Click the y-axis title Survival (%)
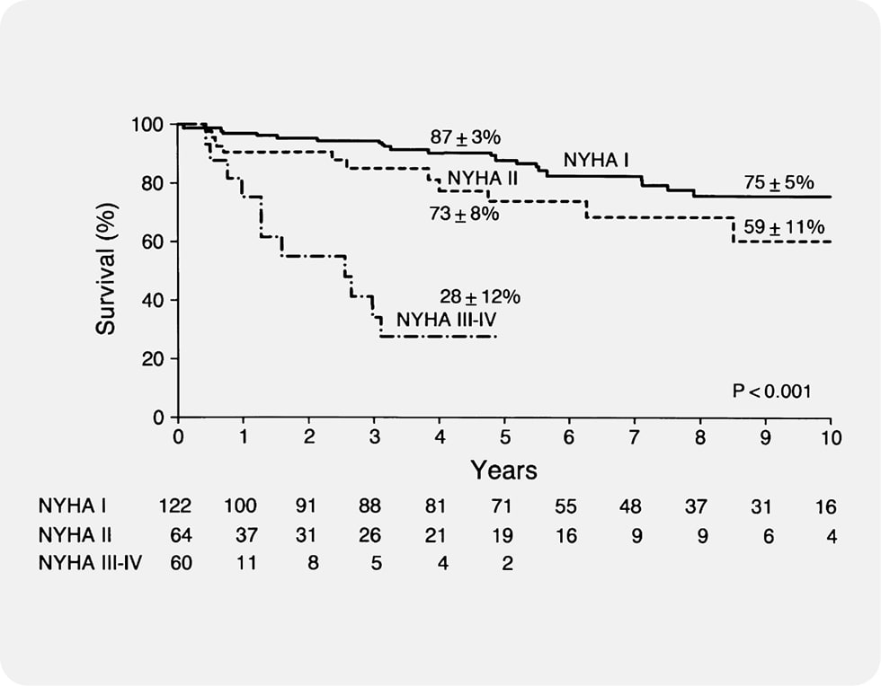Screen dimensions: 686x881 (106, 270)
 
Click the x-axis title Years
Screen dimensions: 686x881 (504, 470)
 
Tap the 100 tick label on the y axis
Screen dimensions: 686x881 (148, 125)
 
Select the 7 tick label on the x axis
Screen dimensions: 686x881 (635, 437)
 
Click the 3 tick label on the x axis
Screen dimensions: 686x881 (374, 437)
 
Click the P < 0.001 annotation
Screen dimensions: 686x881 (772, 391)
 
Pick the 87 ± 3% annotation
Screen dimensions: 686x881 (464, 137)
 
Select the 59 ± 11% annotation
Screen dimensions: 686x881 (784, 228)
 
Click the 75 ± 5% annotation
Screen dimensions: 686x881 (779, 183)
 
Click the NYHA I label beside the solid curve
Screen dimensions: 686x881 (596, 161)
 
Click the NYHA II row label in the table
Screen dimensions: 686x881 (71, 536)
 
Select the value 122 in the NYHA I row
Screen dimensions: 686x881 (174, 508)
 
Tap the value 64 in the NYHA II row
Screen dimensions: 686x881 (181, 536)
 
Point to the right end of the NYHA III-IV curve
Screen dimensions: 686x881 (495, 337)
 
